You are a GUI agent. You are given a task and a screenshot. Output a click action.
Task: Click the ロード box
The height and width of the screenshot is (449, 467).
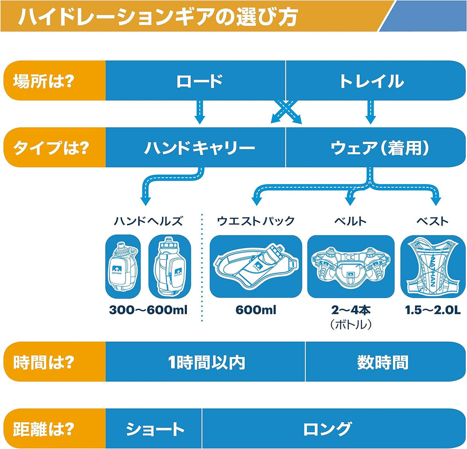pyautogui.click(x=195, y=81)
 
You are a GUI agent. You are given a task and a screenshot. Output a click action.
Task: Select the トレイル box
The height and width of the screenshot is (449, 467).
pyautogui.click(x=375, y=81)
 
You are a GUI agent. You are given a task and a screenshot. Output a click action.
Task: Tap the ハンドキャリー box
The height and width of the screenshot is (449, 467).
pyautogui.click(x=195, y=147)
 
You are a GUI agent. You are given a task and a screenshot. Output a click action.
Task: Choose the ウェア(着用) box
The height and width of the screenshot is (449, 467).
pyautogui.click(x=375, y=147)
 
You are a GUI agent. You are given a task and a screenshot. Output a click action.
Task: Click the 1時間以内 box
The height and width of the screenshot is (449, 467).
pyautogui.click(x=205, y=362)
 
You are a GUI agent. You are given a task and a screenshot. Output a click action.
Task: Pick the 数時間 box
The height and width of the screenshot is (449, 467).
pyautogui.click(x=386, y=362)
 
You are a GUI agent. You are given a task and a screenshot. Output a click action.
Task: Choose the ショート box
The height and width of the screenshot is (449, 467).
pyautogui.click(x=153, y=428)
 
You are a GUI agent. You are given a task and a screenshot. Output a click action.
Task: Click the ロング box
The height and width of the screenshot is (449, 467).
pyautogui.click(x=334, y=428)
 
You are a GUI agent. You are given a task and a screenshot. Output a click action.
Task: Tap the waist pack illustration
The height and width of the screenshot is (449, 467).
pyautogui.click(x=256, y=266)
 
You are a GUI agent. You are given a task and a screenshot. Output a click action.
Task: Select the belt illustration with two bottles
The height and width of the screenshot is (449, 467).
pyautogui.click(x=351, y=266)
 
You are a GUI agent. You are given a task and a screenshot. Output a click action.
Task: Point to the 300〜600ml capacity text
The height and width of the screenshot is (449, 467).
pyautogui.click(x=148, y=310)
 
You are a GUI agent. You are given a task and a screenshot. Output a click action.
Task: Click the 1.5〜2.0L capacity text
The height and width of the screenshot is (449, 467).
pyautogui.click(x=432, y=310)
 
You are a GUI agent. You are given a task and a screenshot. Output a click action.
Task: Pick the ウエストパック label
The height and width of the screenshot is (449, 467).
pyautogui.click(x=256, y=221)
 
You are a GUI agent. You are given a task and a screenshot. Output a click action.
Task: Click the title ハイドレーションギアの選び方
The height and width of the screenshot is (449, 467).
pyautogui.click(x=158, y=16)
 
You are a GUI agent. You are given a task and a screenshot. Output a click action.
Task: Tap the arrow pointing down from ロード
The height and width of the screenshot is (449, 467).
pyautogui.click(x=199, y=112)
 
